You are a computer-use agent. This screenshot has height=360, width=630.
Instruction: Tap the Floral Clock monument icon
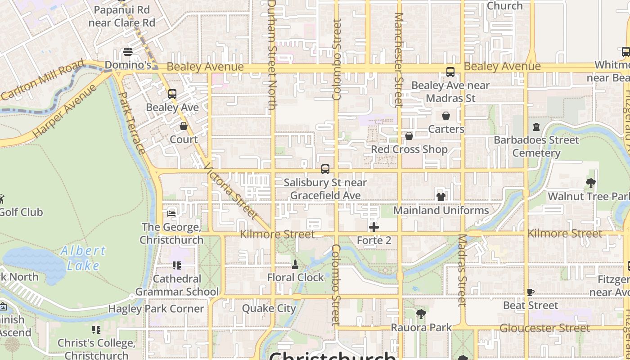point(295,264)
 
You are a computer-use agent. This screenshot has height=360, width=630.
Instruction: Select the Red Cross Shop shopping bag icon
point(409,135)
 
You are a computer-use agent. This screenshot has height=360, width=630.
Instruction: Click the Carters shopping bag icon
point(446,116)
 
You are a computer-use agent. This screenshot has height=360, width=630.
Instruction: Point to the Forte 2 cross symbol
point(374,227)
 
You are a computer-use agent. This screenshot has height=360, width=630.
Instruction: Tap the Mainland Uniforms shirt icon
point(441,197)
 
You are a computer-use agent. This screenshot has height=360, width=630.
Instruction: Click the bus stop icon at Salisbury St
point(325,169)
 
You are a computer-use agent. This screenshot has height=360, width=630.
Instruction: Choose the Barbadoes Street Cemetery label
point(536,146)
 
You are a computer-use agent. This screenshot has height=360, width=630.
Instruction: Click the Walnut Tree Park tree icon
point(591,183)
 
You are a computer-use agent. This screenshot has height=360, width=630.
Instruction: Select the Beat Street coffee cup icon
point(531,292)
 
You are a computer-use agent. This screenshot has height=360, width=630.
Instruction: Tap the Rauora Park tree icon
point(421,314)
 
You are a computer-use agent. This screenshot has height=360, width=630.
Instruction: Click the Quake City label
point(269,308)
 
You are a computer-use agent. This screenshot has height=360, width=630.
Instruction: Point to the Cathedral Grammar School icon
point(177,265)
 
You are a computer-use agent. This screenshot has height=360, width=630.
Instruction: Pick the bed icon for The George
point(171,213)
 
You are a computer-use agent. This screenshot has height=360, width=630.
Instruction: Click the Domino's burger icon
point(128,52)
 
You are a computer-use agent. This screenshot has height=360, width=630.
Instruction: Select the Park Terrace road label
point(131,123)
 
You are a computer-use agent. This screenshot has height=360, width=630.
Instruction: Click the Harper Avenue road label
point(64,111)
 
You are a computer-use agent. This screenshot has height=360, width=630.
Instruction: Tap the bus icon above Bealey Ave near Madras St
point(450,72)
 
